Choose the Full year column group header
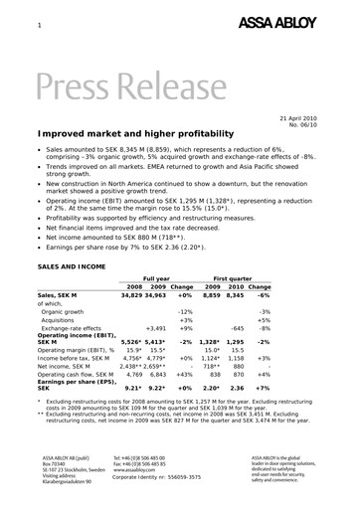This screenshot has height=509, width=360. [157, 279]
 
